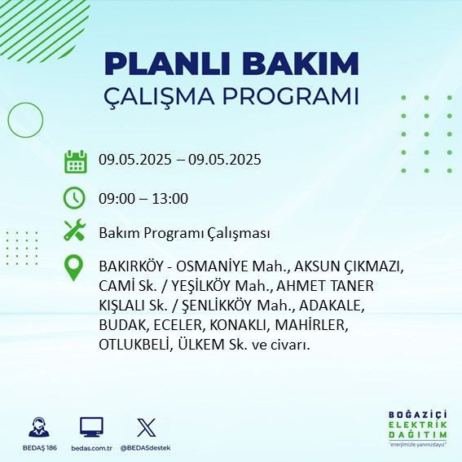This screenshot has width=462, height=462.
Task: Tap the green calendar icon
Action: point(75,161)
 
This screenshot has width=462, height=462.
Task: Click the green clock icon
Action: point(75,197)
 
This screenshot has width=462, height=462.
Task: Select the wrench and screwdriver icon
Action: point(75,231)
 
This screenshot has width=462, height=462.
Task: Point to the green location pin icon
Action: point(75,268)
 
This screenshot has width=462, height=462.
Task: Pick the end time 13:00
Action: point(171,198)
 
